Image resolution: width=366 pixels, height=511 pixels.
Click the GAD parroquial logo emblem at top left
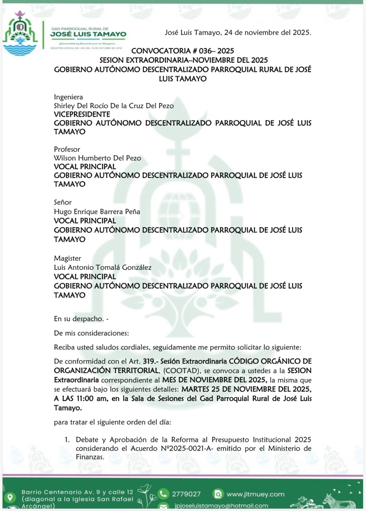pyautogui.click(x=20, y=33)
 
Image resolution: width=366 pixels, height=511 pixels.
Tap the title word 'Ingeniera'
pyautogui.click(x=68, y=97)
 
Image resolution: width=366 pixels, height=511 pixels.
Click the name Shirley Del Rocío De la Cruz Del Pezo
pyautogui.click(x=114, y=106)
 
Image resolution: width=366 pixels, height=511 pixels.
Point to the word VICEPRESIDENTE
pyautogui.click(x=82, y=114)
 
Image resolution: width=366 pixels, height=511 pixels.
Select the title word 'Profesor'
pyautogui.click(x=67, y=149)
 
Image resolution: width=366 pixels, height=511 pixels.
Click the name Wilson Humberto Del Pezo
pyautogui.click(x=97, y=158)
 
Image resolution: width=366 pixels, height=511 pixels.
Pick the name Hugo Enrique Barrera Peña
pyautogui.click(x=97, y=211)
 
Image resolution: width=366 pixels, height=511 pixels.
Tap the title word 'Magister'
pyautogui.click(x=67, y=258)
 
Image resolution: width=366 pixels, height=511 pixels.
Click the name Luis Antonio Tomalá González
pyautogui.click(x=102, y=267)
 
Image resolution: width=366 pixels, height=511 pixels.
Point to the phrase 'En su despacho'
pyautogui.click(x=79, y=319)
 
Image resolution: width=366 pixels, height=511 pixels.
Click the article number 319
pyautogui.click(x=149, y=361)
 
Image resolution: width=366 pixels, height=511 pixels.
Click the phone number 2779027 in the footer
pyautogui.click(x=186, y=494)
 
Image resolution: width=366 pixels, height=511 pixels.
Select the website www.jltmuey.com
pyautogui.click(x=255, y=494)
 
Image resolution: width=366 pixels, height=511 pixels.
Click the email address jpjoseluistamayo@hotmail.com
pyautogui.click(x=221, y=506)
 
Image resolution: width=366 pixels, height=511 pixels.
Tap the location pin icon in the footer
pyautogui.click(x=10, y=497)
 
